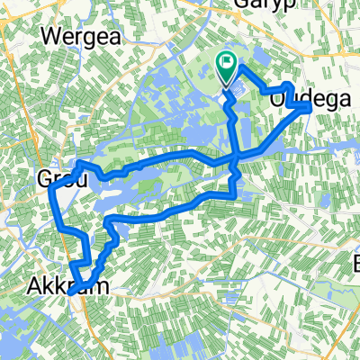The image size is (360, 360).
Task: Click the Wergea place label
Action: click(x=79, y=39)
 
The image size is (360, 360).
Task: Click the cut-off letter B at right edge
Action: click(x=355, y=264)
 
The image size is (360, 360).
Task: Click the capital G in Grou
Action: click(x=45, y=180)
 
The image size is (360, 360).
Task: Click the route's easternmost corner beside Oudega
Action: click(x=310, y=106)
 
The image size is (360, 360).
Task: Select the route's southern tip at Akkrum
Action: click(x=70, y=291)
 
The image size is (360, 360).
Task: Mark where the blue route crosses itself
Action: click(x=237, y=156)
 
